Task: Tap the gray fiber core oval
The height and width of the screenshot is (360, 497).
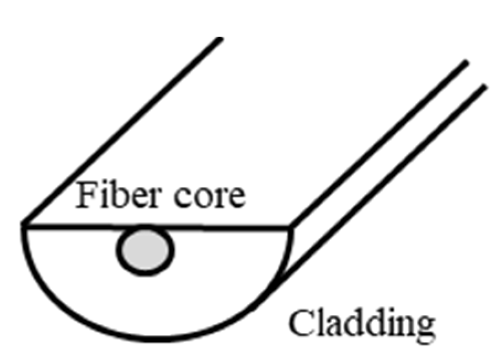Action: click(145, 250)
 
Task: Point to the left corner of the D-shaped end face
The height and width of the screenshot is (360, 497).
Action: click(23, 224)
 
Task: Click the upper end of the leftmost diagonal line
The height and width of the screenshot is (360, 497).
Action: click(221, 39)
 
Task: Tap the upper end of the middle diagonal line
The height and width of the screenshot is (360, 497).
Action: click(467, 62)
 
